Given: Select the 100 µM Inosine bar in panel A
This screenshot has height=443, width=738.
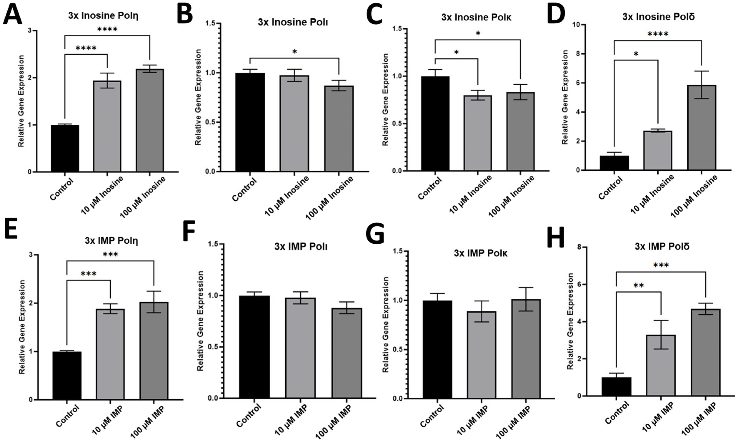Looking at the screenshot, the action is pos(150,120).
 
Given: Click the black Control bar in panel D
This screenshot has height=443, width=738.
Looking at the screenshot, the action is pos(614,163).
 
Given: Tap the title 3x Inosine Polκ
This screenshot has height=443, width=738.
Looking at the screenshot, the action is pos(476,17).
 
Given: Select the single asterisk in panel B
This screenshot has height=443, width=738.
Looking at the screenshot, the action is pos(295,52).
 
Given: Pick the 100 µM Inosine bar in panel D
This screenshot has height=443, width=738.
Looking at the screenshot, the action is pos(702,128).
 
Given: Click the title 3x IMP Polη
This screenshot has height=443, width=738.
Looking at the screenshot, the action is pos(111,241).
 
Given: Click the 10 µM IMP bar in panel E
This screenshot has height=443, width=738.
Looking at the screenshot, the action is pos(110,354).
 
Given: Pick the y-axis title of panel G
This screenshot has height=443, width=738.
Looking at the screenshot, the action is pos(386,325).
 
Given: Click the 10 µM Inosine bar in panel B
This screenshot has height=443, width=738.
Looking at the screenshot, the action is pos(294,124).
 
